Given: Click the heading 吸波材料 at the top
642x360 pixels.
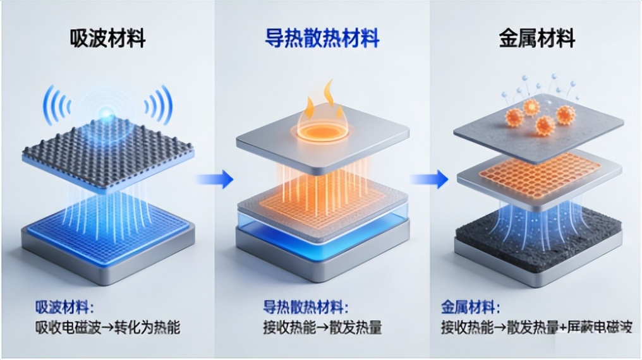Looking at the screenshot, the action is click(x=107, y=39).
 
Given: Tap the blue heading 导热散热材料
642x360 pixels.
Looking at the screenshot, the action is click(x=322, y=39).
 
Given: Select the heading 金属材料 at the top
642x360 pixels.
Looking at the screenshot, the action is click(x=537, y=39).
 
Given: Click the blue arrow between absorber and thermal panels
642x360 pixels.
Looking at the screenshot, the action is click(x=215, y=179).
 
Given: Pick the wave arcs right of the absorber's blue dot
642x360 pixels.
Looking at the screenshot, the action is click(x=158, y=104).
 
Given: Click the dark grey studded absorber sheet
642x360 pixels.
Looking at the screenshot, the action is click(x=107, y=152).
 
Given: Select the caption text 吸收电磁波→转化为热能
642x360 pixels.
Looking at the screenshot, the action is click(x=107, y=328).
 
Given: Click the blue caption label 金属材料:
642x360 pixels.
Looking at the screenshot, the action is click(x=469, y=309).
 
